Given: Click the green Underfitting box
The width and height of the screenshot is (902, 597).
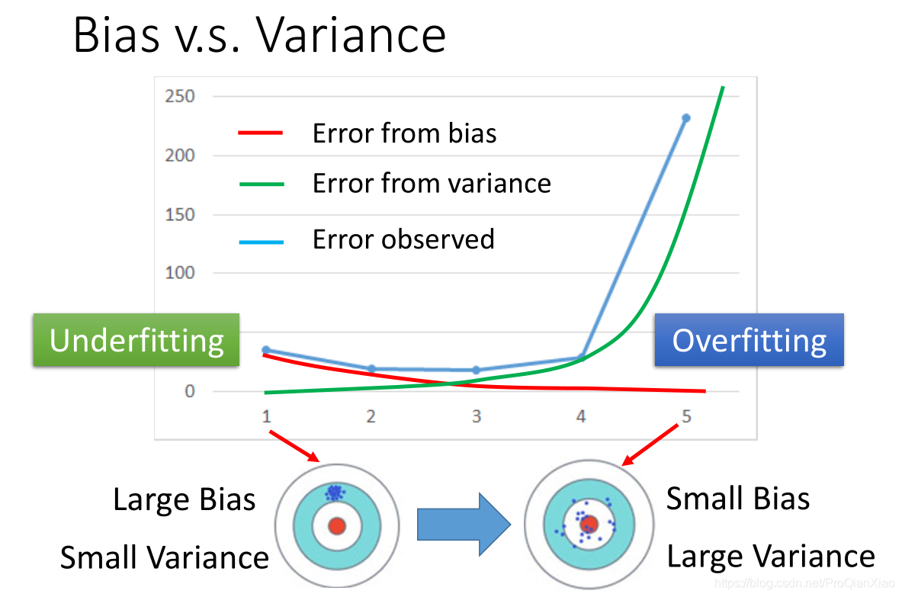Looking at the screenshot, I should click(136, 340).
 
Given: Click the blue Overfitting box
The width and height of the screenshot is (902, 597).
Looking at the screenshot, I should click(749, 340).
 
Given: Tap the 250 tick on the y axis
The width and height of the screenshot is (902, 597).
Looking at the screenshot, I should click(180, 97).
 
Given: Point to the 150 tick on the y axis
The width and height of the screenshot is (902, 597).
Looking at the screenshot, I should click(180, 214).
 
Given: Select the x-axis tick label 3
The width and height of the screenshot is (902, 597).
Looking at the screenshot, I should click(477, 417).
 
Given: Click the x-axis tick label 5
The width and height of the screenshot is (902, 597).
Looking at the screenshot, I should click(686, 417).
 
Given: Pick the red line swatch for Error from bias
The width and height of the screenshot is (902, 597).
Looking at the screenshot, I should click(260, 133).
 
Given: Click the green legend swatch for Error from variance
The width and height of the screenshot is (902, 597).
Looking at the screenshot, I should click(260, 184).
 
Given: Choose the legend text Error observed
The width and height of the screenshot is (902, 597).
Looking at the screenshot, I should click(403, 239).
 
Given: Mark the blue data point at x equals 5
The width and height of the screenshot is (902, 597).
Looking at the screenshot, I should click(686, 118).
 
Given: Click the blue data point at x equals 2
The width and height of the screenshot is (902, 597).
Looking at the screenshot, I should click(371, 369).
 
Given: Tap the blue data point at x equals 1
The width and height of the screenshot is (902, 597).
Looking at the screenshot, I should click(266, 350).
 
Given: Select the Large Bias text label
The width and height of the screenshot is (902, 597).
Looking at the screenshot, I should click(184, 500).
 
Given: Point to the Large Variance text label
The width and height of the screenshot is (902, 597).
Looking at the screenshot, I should click(770, 557).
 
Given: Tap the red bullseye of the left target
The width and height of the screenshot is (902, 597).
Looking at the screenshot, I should click(337, 525).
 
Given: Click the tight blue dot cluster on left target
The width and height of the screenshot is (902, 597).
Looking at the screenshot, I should click(335, 493).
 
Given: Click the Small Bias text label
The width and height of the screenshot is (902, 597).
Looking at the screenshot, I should click(737, 499).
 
